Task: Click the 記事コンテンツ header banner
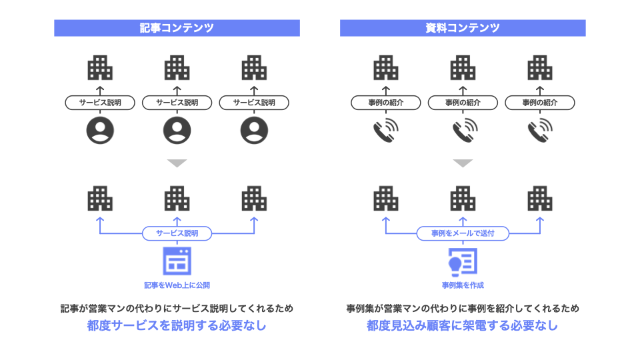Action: tap(177, 28)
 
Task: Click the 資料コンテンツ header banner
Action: tap(463, 28)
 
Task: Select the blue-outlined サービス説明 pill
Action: tap(177, 233)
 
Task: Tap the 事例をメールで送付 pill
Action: tap(463, 233)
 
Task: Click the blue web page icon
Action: tap(177, 261)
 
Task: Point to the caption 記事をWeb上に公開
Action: tap(177, 285)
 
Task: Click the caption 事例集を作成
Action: tap(463, 285)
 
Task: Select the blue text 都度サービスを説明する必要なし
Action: tap(177, 326)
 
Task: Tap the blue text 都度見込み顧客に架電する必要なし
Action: tap(463, 326)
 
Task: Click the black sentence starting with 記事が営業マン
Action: tap(177, 309)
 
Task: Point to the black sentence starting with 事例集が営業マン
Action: tap(463, 309)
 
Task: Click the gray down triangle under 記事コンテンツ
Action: tap(177, 163)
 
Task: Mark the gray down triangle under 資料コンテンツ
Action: tap(463, 163)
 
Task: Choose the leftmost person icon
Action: tap(100, 130)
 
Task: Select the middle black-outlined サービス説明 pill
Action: tap(177, 103)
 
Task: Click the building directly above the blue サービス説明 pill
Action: tap(177, 199)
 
